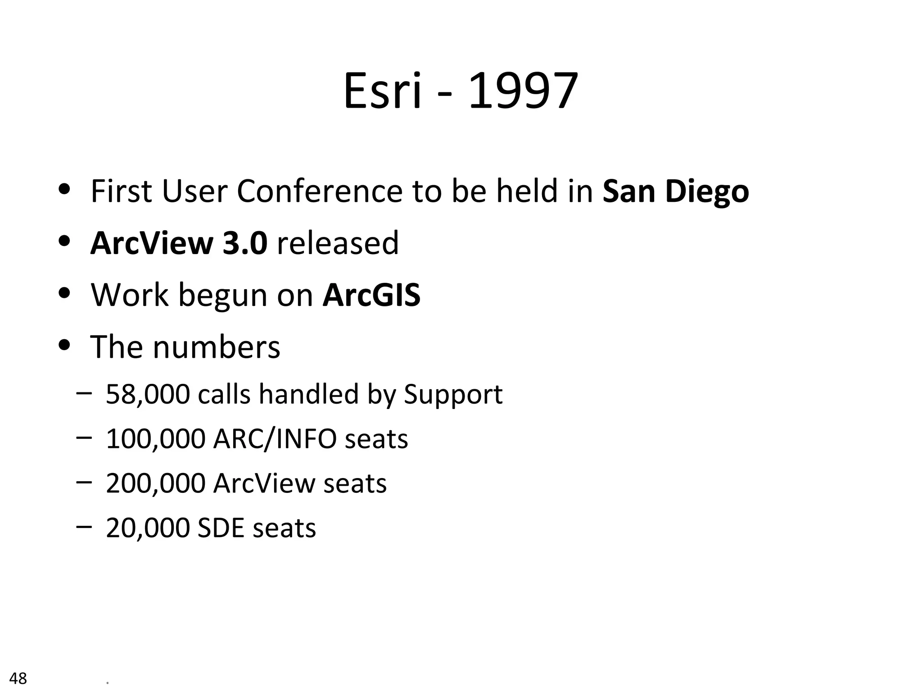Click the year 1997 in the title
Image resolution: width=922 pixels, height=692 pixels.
tap(523, 92)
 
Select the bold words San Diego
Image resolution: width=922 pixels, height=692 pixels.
tap(675, 191)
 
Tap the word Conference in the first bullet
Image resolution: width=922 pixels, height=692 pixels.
tap(319, 191)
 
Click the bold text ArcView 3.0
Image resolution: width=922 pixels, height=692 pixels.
tap(179, 243)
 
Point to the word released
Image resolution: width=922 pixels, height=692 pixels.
tap(338, 243)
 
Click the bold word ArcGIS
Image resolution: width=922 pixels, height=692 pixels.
tap(371, 295)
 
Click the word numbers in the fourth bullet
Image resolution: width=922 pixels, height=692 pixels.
tap(216, 347)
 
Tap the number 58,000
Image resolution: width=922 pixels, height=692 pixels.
tap(148, 394)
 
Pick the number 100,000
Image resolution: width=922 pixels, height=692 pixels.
tap(155, 439)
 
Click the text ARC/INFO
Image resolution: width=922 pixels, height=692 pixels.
tap(275, 439)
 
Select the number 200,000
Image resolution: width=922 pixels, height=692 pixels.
tap(155, 483)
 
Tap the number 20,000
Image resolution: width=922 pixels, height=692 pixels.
tap(148, 528)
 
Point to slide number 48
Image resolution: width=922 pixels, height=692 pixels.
tap(18, 678)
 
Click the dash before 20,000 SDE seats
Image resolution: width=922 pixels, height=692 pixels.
tap(84, 526)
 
